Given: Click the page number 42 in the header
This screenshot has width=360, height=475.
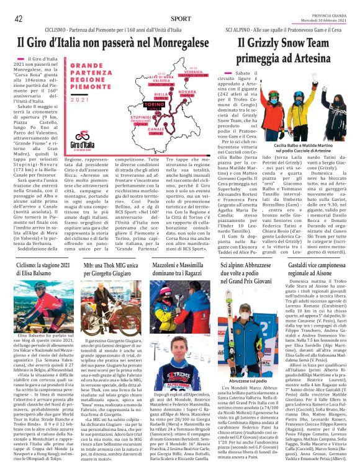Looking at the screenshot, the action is click(x=19, y=19).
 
